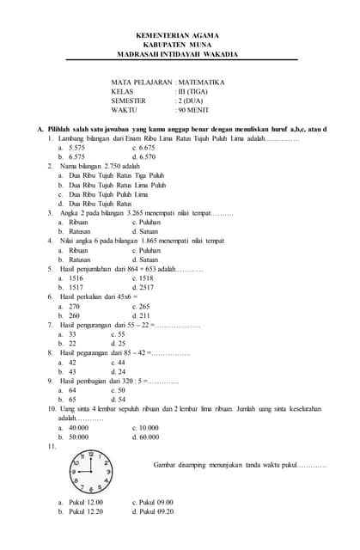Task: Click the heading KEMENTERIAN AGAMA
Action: [x=178, y=35]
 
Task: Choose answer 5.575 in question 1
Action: [x=76, y=148]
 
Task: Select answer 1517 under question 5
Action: [x=76, y=287]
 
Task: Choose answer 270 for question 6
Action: [x=74, y=306]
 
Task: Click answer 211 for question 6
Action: [x=142, y=315]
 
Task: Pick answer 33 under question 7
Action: [x=72, y=333]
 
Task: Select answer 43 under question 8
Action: [x=72, y=371]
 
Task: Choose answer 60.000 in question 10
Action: [x=148, y=437]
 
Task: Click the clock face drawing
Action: [x=90, y=471]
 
